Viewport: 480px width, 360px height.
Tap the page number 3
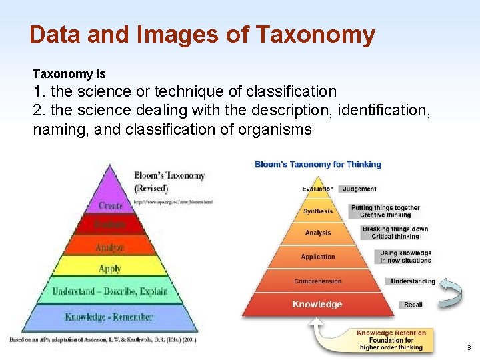coord(469,347)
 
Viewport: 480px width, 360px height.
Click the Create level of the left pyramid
coord(111,205)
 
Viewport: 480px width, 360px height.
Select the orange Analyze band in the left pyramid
coord(110,247)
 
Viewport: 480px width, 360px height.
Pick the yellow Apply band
coord(110,268)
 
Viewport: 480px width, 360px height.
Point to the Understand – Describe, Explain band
coord(110,291)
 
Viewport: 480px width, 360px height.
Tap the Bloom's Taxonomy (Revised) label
coord(169,181)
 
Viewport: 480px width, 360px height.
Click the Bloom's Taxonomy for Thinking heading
coord(318,164)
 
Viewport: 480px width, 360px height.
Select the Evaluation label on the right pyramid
coord(318,189)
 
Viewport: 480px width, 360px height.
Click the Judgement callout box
coord(360,189)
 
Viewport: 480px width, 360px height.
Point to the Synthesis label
coord(318,211)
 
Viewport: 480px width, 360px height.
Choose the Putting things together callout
coord(385,211)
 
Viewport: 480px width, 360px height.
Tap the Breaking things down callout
coord(395,233)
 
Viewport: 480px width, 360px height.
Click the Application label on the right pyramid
coord(318,257)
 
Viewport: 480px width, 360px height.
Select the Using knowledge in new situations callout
coord(405,257)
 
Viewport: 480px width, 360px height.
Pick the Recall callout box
coord(413,305)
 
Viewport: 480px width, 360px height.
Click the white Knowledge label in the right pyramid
coord(317,305)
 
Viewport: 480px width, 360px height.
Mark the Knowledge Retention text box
coord(391,340)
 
